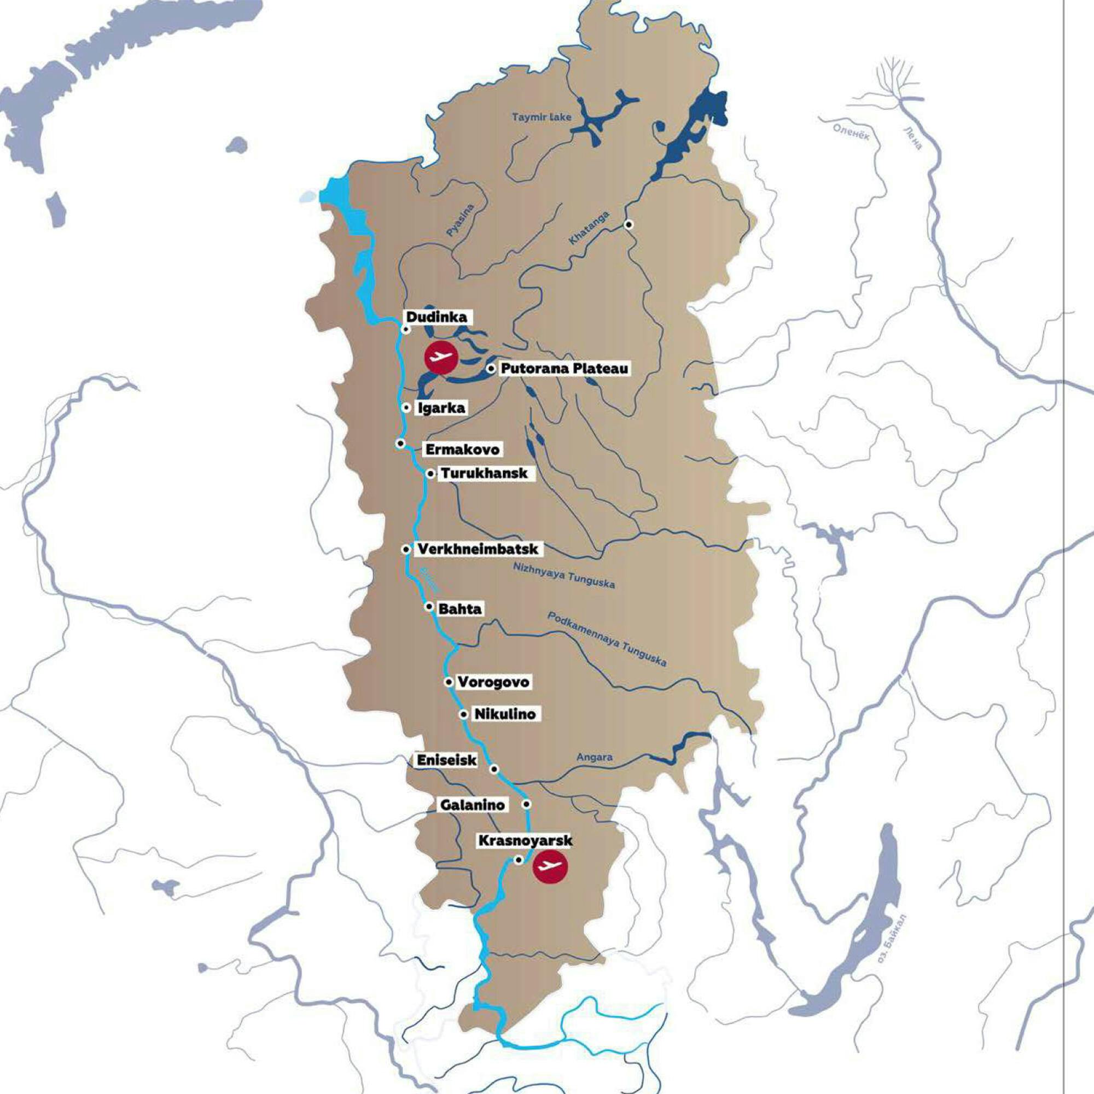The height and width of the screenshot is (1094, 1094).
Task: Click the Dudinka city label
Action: (x=437, y=317)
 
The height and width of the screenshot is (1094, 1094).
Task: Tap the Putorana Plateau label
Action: (x=564, y=369)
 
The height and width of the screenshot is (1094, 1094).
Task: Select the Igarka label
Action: (x=441, y=408)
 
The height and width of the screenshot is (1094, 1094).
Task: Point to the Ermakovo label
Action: (x=463, y=450)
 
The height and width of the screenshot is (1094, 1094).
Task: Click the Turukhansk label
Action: (x=484, y=473)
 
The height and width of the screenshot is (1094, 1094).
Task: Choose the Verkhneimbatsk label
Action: (x=477, y=549)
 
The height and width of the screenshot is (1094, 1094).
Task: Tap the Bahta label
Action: (x=461, y=609)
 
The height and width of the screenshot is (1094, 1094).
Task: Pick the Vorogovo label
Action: (x=493, y=682)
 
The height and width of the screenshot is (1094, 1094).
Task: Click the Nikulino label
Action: (x=504, y=714)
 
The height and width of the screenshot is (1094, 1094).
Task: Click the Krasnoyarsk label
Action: (x=525, y=840)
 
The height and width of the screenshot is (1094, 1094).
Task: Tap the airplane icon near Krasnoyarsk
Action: (x=550, y=866)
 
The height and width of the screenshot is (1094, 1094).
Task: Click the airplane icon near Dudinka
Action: (x=441, y=357)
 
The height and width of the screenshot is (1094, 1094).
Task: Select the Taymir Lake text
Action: (x=542, y=118)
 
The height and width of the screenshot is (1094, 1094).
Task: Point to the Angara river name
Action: (x=594, y=757)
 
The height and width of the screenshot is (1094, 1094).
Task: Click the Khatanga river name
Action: (x=589, y=228)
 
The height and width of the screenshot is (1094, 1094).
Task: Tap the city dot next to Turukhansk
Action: (x=430, y=473)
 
